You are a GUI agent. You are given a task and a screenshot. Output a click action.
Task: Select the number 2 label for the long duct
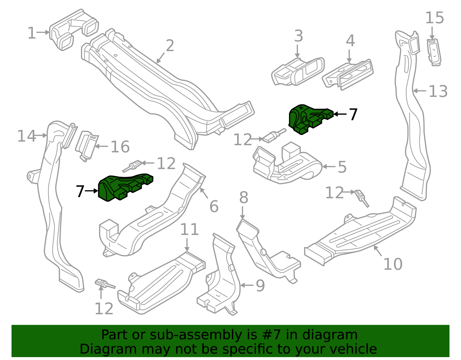tap(170, 46)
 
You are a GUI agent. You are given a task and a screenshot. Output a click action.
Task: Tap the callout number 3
tap(298, 36)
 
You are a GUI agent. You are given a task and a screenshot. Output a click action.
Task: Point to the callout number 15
tap(434, 18)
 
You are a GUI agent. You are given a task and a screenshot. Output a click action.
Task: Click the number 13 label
tap(438, 91)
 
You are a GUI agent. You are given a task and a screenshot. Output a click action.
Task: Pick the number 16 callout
tap(120, 147)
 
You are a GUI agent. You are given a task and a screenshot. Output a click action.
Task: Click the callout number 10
tap(393, 264)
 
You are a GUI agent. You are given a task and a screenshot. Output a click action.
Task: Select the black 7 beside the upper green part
tap(353, 114)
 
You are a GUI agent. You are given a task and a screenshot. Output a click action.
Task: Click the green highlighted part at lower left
tap(121, 187)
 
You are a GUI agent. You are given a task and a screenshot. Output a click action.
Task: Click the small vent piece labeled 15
tap(434, 52)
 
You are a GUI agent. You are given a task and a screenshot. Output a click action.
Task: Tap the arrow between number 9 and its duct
tap(246, 285)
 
